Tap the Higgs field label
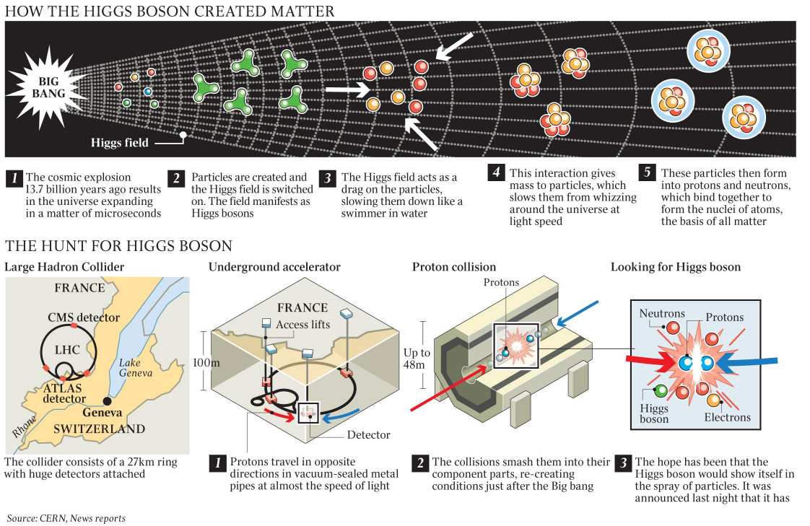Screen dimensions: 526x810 [119, 142]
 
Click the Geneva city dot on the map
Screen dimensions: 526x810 [107, 400]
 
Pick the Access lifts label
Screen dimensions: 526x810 [302, 324]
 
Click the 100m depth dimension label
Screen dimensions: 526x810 [206, 362]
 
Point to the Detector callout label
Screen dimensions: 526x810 [368, 434]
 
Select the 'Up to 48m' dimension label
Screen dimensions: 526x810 [417, 359]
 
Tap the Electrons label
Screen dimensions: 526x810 [728, 417]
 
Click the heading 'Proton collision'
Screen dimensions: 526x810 [454, 267]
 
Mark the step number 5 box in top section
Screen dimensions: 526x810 [648, 173]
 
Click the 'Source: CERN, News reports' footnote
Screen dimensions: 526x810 [66, 518]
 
